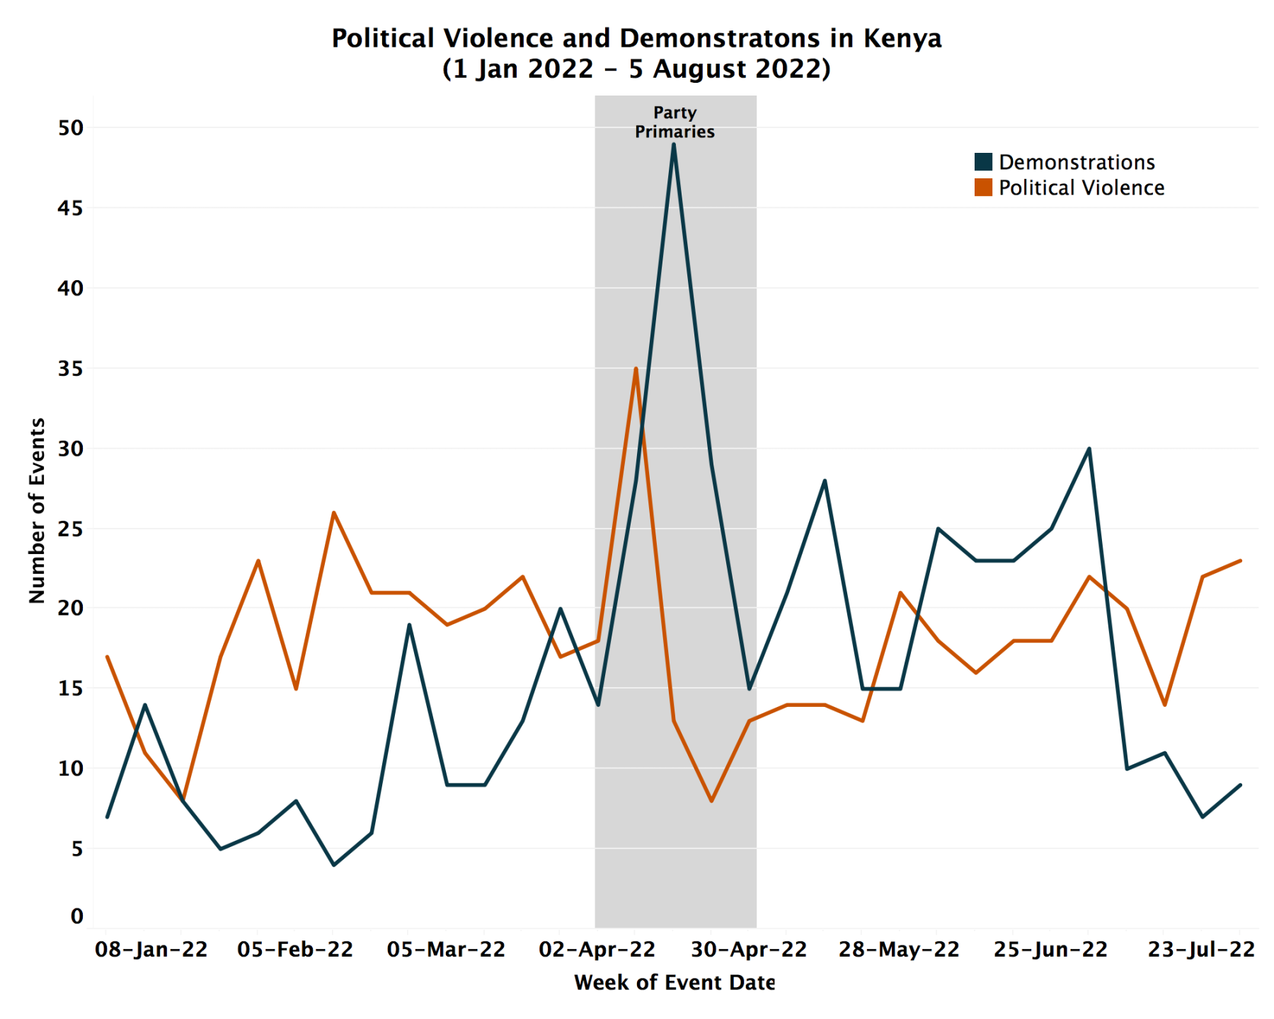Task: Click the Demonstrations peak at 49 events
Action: [673, 144]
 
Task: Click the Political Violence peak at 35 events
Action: [636, 369]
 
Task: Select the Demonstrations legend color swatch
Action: [983, 162]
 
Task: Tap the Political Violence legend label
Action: [1081, 188]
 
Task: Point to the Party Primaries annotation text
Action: [675, 122]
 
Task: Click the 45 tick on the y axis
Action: [70, 208]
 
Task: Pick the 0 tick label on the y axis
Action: [76, 916]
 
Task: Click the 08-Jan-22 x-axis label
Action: [151, 949]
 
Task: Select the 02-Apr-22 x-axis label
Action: [597, 949]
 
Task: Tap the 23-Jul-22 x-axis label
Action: [1201, 949]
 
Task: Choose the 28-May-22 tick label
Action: [899, 949]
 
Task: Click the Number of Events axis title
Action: [37, 510]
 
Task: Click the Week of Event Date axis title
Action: [675, 982]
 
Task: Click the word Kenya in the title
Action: [902, 38]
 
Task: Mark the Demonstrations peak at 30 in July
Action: [1089, 449]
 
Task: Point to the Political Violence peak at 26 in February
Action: [333, 512]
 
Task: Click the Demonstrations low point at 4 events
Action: [333, 865]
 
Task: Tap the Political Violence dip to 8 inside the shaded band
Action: [711, 800]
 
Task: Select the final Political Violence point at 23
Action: [1239, 561]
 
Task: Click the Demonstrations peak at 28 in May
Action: [825, 481]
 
